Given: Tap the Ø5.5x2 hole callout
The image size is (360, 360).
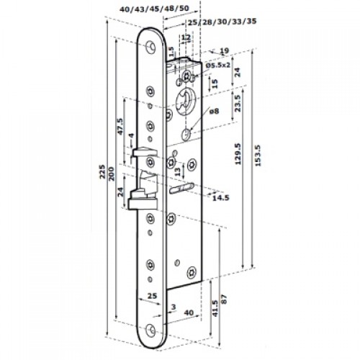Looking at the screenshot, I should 217,65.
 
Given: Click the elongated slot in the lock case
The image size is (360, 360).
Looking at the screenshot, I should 185,189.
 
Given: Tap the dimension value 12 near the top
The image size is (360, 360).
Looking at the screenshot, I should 186,37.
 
